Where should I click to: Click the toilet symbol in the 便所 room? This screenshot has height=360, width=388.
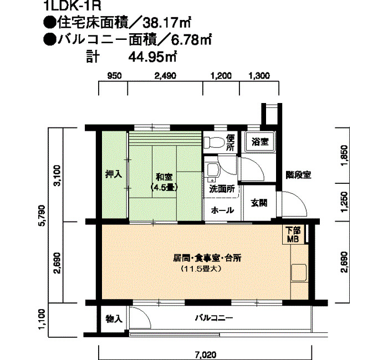[x=215, y=142]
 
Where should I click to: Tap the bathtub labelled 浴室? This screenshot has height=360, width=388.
[x=260, y=142]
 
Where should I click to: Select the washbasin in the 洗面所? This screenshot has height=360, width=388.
[x=213, y=171]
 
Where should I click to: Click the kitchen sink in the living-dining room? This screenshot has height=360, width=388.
[x=299, y=273]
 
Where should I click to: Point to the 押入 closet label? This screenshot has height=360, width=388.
[x=114, y=174]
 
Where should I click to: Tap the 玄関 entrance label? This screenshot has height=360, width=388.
[x=259, y=203]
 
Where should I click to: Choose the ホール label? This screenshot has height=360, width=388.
[x=222, y=210]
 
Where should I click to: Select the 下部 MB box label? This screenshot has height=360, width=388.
[x=293, y=234]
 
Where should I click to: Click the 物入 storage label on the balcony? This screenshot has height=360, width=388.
[x=114, y=319]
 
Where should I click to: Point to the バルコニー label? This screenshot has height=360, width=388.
[x=214, y=318]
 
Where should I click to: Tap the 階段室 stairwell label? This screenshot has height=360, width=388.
[x=298, y=175]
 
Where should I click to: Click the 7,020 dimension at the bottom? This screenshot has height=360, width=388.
[x=206, y=355]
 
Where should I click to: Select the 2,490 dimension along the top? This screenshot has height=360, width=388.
[x=165, y=76]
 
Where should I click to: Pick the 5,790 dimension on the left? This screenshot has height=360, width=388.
[x=43, y=215]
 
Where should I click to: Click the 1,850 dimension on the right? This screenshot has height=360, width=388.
[x=344, y=156]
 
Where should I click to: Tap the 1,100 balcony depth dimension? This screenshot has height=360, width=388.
[x=42, y=319]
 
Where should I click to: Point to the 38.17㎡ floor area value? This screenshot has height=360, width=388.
[x=166, y=23]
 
